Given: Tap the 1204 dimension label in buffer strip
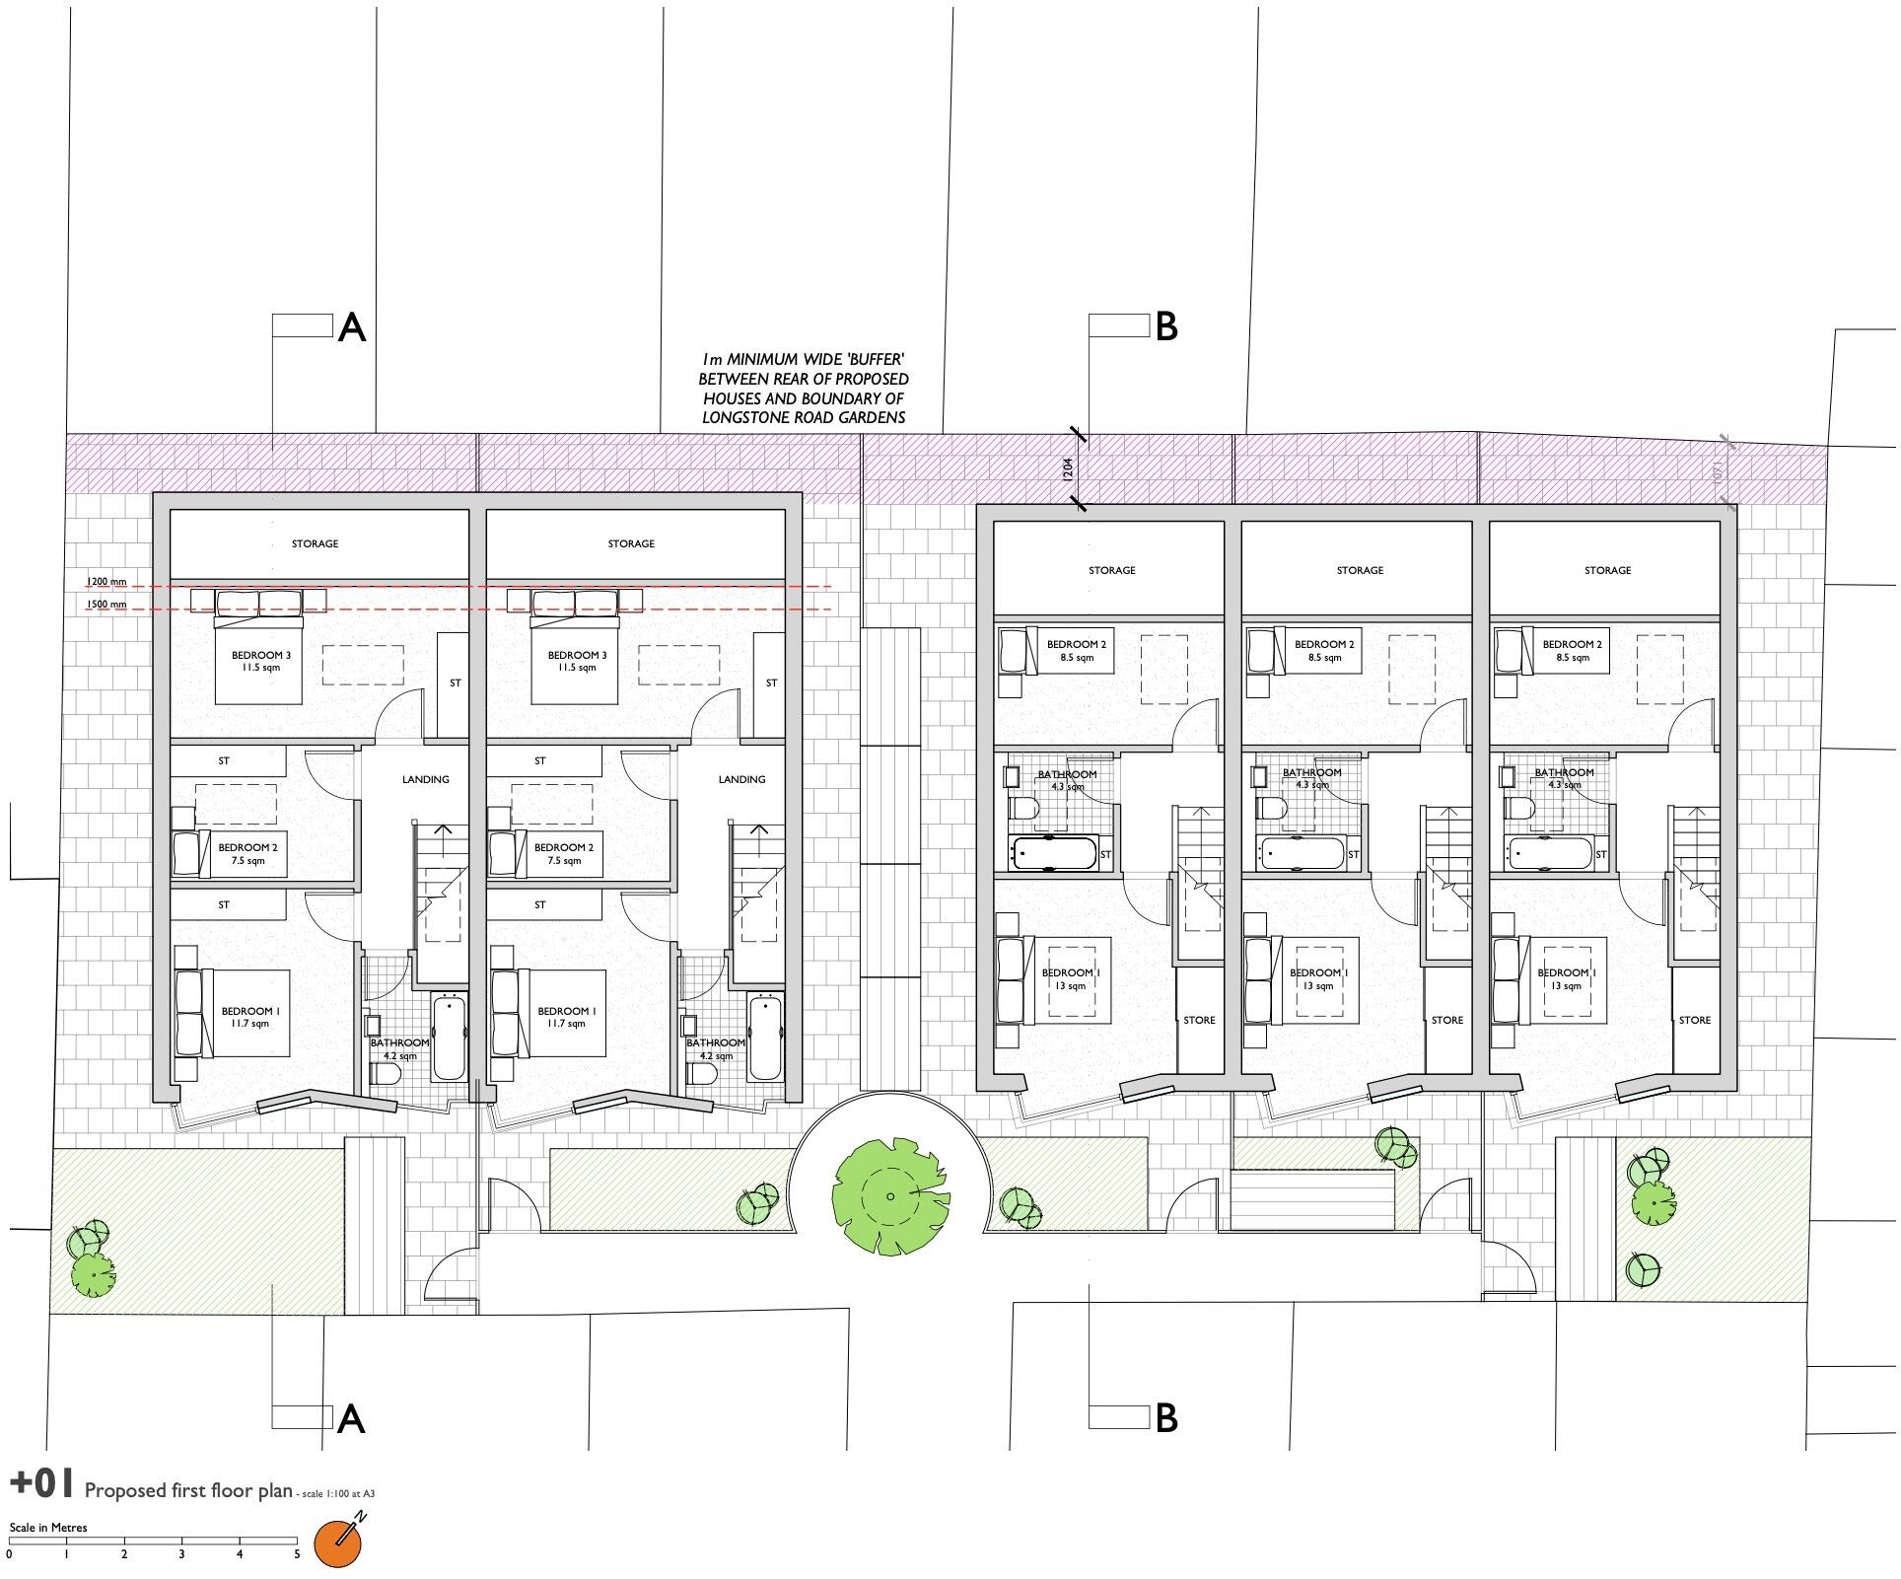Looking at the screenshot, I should click(x=1068, y=468).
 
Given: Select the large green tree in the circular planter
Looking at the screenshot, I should click(x=890, y=1195).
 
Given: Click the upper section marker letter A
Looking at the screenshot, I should click(x=352, y=327).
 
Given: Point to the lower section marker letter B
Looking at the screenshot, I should click(x=1165, y=1417).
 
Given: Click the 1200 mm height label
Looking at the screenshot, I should click(x=106, y=582).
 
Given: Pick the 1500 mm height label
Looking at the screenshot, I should click(x=106, y=604).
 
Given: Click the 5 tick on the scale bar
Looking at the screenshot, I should click(x=297, y=1554).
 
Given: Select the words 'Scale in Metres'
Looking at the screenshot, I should click(x=48, y=1527).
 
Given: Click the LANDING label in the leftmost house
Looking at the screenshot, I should click(x=425, y=779).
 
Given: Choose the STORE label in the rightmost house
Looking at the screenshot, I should click(x=1694, y=1020).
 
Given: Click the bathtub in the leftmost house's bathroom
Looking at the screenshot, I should click(x=450, y=1038).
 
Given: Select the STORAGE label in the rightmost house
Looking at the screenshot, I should click(x=1607, y=570).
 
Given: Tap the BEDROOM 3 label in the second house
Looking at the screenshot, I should click(x=577, y=661).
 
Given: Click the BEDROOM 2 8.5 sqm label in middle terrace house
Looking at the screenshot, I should click(x=1324, y=650).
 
